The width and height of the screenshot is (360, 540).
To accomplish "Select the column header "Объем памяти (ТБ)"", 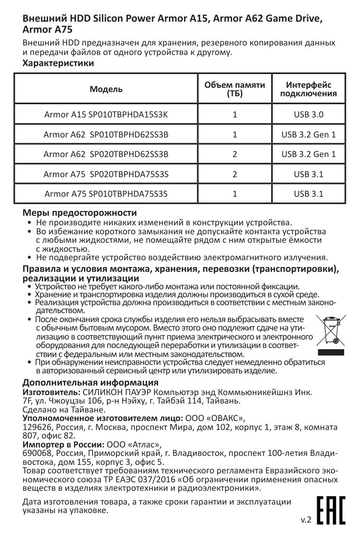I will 235,89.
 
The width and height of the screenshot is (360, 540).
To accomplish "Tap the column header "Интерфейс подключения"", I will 309,89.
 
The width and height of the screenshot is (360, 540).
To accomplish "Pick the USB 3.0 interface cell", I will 309,114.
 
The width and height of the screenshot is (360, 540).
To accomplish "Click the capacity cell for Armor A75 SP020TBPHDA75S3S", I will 235,174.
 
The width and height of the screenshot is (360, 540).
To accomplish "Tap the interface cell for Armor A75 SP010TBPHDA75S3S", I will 309,194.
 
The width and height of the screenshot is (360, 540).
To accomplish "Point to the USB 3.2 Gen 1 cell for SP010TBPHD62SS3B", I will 309,134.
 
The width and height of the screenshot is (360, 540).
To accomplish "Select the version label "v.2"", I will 306,520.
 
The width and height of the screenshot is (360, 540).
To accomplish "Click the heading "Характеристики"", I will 58,63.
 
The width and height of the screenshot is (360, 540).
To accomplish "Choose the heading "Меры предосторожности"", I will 79,213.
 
